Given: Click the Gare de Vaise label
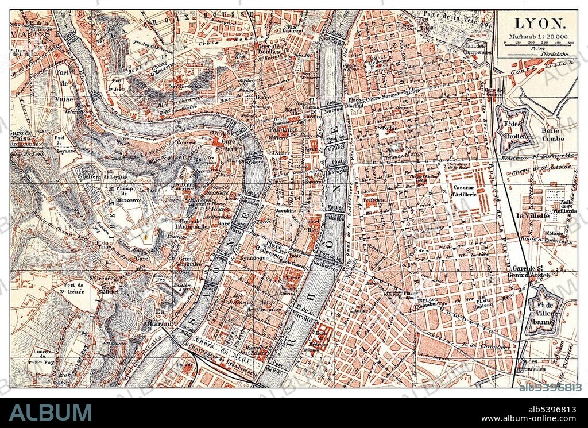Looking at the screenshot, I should pyautogui.click(x=24, y=137).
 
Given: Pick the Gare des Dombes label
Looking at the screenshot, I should pyautogui.click(x=269, y=50).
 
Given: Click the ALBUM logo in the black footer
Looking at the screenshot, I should pyautogui.click(x=51, y=412).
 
